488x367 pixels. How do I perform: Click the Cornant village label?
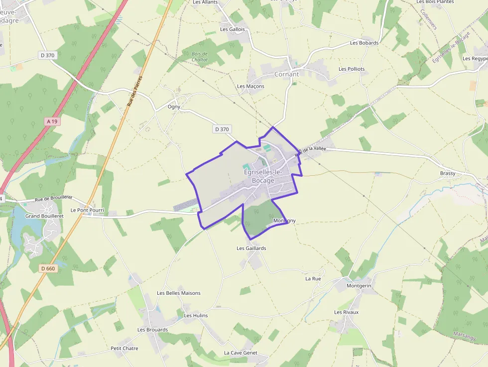coord(286,74)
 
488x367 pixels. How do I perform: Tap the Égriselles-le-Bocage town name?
coord(263,176)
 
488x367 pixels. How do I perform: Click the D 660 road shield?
coord(48,268)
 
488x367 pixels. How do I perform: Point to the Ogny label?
coord(174,107)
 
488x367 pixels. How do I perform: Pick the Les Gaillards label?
coord(251,248)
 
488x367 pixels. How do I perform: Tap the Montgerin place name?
coord(359,286)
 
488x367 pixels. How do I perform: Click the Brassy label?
coord(448,173)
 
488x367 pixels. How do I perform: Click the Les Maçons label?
coord(250,86)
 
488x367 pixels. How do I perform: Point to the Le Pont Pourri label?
coord(87,210)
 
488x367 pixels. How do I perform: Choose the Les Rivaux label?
coord(346,312)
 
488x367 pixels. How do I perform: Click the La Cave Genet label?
coord(241,353)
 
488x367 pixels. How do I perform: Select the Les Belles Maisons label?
coord(178,293)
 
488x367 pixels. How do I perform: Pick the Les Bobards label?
coord(364,43)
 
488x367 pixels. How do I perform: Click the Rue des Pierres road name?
coord(134,91)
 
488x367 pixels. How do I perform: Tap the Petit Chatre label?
coord(124,348)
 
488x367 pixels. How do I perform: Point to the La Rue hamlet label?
coord(313,278)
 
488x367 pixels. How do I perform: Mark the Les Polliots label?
coord(352,69)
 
